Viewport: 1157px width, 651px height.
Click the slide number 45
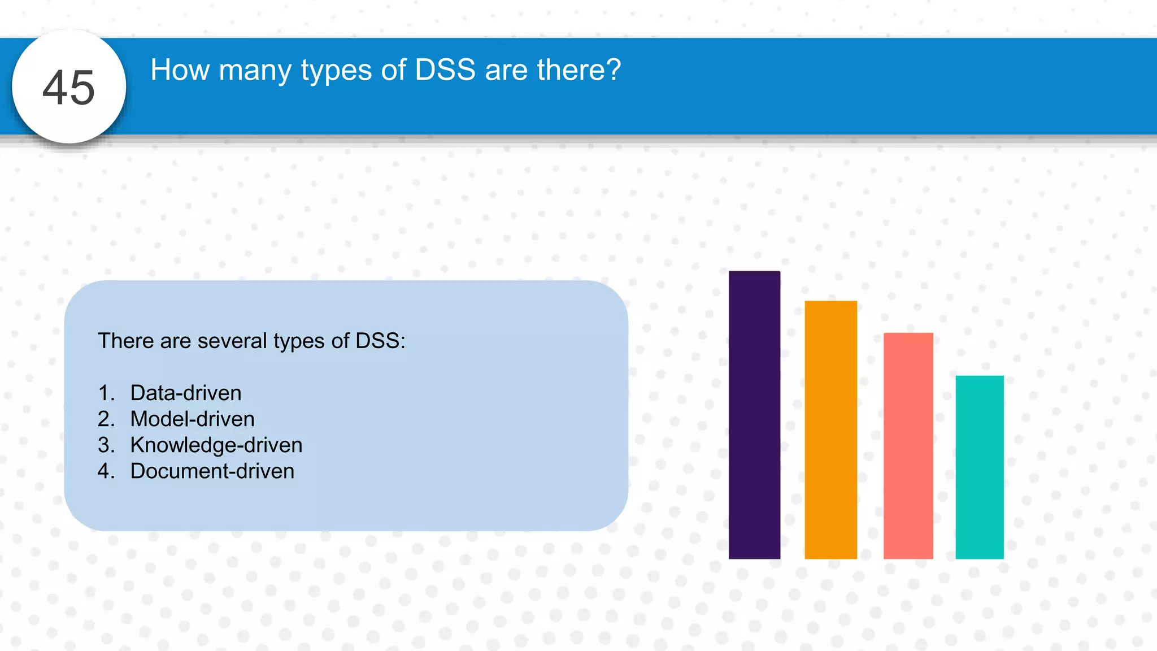[x=69, y=88]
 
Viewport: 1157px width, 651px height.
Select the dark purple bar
[x=754, y=415]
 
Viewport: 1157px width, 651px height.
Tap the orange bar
[x=830, y=430]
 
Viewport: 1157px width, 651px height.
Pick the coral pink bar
[x=908, y=446]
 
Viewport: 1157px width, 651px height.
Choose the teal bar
[x=979, y=467]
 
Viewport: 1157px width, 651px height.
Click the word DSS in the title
[x=445, y=70]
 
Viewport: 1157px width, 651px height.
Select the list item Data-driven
[x=186, y=393]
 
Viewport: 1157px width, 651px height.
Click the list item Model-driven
[x=192, y=419]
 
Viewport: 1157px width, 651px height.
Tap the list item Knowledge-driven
[x=216, y=445]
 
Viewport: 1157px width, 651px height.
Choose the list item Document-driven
[x=212, y=471]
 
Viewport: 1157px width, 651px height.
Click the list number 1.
[x=106, y=393]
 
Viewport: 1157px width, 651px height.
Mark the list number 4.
[x=106, y=471]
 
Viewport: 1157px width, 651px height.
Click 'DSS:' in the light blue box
[x=380, y=341]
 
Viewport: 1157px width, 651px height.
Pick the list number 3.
[x=106, y=445]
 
